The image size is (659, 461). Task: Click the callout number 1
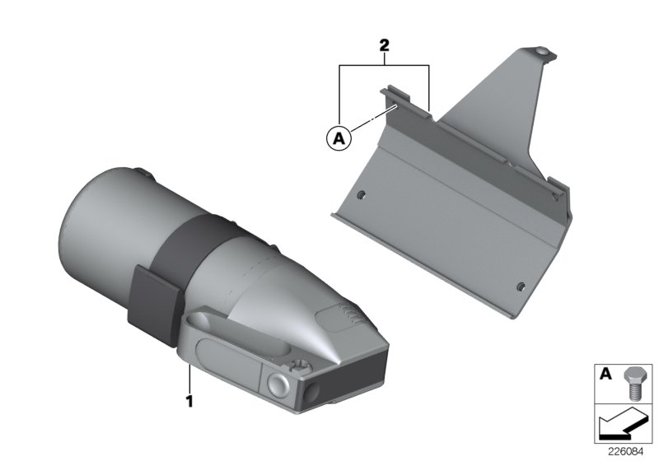[189, 402]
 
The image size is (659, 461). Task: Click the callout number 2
[384, 45]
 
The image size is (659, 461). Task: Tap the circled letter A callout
[339, 137]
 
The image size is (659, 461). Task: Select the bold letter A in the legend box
[605, 373]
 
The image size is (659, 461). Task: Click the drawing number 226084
[625, 452]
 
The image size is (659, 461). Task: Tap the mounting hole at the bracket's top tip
[542, 52]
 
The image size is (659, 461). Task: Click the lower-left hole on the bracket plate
[361, 195]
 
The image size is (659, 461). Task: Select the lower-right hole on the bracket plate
[521, 286]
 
